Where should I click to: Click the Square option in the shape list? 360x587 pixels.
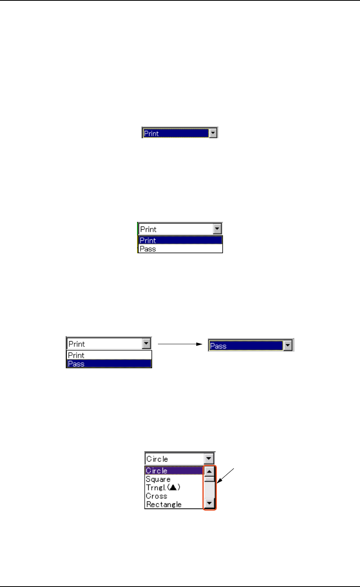(x=158, y=479)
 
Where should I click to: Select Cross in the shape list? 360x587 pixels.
(x=156, y=496)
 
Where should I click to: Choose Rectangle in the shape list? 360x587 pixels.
(x=164, y=505)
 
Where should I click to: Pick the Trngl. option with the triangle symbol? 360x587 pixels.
(x=163, y=487)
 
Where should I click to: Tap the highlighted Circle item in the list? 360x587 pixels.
(x=156, y=471)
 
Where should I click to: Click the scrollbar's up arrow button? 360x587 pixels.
(x=209, y=472)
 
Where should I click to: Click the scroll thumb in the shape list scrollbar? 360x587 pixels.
(x=209, y=479)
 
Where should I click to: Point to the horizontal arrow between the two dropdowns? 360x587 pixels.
(x=180, y=343)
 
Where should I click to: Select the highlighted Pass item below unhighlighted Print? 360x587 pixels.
(x=76, y=364)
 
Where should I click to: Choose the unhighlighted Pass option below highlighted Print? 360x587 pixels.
(x=148, y=249)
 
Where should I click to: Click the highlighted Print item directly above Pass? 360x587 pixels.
(x=148, y=240)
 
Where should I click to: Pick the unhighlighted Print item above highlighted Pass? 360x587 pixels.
(x=76, y=355)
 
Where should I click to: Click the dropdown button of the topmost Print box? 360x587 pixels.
(x=213, y=133)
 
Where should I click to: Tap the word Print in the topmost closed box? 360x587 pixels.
(x=151, y=134)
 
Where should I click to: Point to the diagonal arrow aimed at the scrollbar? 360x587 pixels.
(x=226, y=476)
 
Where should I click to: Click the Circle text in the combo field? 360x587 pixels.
(x=157, y=459)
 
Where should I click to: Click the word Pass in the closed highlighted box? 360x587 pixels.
(x=218, y=346)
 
